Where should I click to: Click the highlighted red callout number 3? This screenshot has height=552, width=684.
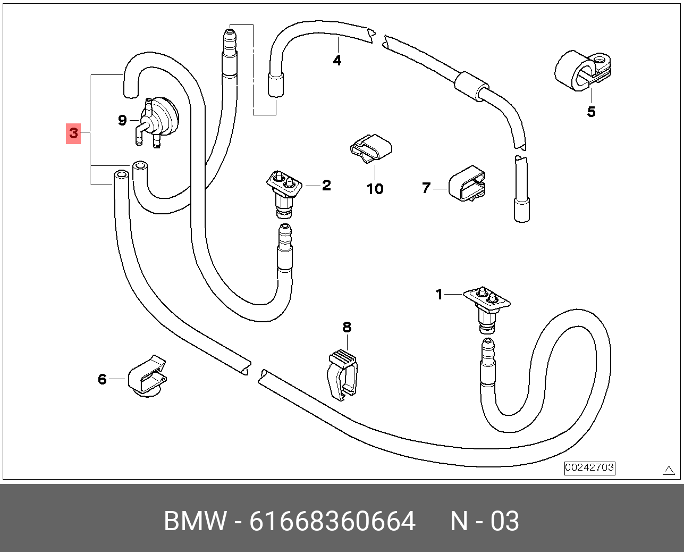click(x=73, y=133)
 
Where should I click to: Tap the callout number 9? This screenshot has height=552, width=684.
click(x=122, y=120)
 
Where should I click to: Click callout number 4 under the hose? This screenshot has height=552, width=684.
click(x=337, y=61)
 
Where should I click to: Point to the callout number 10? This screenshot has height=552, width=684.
click(x=375, y=189)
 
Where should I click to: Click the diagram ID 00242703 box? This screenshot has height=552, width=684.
click(x=589, y=468)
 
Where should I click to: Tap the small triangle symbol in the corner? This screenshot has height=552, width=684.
click(x=669, y=470)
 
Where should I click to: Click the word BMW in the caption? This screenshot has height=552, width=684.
click(x=195, y=521)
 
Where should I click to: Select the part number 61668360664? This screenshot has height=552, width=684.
click(x=332, y=521)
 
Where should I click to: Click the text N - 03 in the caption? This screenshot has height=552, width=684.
click(x=484, y=521)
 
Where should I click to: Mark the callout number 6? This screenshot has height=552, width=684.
click(x=102, y=379)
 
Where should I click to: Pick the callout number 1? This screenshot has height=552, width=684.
click(x=439, y=294)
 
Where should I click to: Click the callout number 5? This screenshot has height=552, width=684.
click(x=591, y=112)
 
